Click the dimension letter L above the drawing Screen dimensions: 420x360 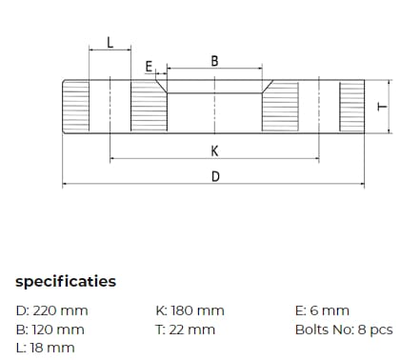[110, 42]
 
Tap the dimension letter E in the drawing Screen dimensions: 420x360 [149, 67]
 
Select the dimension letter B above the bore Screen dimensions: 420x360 [214, 61]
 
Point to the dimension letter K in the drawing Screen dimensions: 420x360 [214, 150]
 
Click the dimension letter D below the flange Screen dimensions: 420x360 [215, 176]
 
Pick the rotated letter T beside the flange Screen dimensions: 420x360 [382, 107]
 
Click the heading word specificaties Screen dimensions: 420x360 [66, 282]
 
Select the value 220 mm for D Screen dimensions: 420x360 [60, 310]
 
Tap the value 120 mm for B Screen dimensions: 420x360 [58, 330]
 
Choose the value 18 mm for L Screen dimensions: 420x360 [52, 348]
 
